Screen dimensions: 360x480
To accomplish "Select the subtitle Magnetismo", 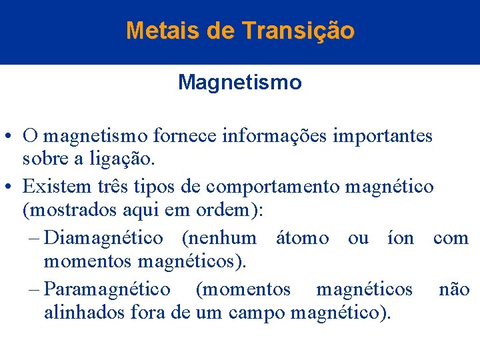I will (x=239, y=83).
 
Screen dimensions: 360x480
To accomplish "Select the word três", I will (x=113, y=186).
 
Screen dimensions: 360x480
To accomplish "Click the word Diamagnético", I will (x=103, y=237).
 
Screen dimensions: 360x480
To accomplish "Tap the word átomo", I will (x=302, y=237).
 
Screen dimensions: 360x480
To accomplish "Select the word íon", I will (x=400, y=237).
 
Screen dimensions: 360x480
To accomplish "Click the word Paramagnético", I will (x=107, y=289).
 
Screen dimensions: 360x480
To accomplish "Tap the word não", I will (x=454, y=289).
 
